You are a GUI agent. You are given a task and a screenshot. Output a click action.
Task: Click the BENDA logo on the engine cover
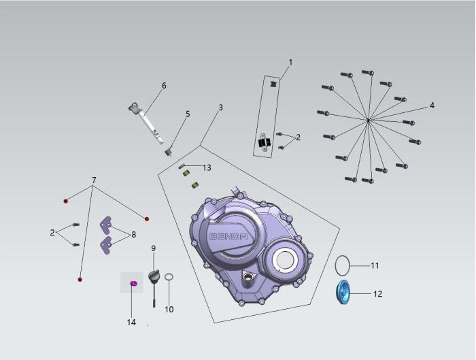(229, 237)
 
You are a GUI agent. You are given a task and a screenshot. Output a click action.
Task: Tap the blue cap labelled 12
(343, 293)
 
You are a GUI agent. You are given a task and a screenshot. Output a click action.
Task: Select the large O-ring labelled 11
(343, 266)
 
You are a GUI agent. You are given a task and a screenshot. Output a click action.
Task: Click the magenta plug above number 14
(133, 284)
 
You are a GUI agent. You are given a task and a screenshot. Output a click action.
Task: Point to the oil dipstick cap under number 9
(154, 276)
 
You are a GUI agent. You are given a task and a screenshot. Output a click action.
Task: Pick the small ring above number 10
(169, 278)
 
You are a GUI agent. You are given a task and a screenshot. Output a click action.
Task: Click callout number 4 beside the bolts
(432, 105)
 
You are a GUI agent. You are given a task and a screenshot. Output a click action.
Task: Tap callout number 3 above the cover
(221, 108)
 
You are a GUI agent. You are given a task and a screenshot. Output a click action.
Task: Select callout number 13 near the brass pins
(207, 167)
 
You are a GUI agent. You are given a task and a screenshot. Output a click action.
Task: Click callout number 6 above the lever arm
(164, 86)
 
